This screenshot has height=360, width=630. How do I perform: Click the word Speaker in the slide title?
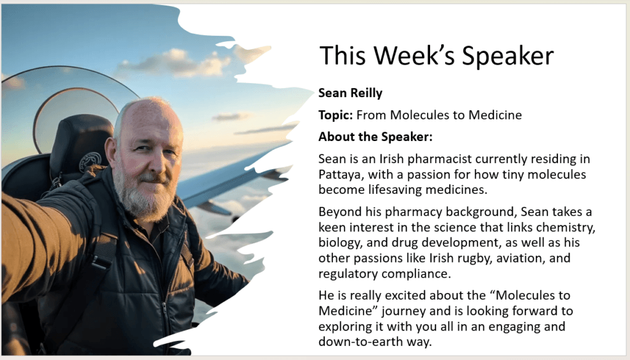point(508,56)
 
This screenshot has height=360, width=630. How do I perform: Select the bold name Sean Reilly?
point(350,93)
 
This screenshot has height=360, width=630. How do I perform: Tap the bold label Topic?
point(335,115)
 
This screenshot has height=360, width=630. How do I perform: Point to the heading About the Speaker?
point(375,137)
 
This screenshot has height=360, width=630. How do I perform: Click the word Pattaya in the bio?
point(341,174)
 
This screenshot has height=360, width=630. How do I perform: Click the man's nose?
point(158,161)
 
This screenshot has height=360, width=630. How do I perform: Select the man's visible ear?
point(111,151)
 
